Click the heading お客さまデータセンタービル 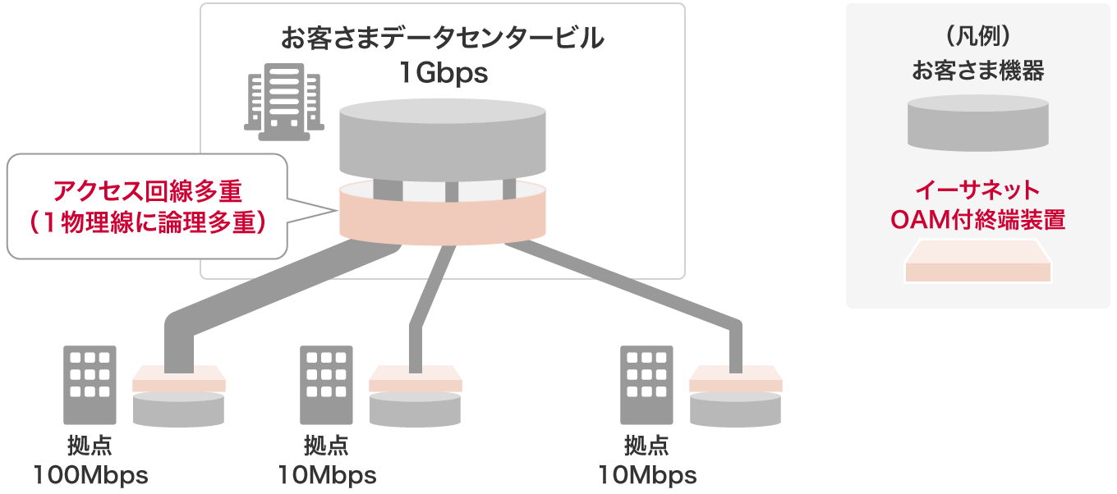(x=443, y=39)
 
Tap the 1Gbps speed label (x=443, y=74)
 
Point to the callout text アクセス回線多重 (x=148, y=190)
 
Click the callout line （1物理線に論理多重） (x=148, y=222)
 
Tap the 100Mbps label (x=90, y=475)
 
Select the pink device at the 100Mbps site (x=178, y=378)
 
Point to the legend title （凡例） (x=977, y=39)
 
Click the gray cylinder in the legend (x=977, y=121)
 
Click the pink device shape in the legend (x=977, y=264)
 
